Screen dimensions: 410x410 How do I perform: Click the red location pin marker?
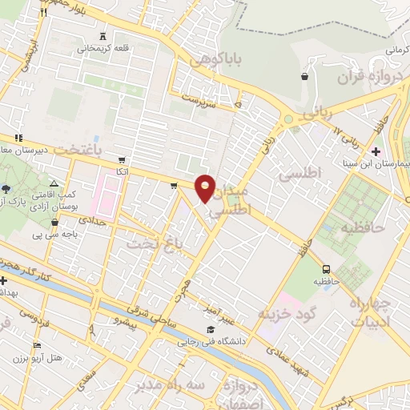tap(206, 188)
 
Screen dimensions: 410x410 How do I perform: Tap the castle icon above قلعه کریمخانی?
tap(102, 36)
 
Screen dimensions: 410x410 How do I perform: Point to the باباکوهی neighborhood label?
tap(211, 59)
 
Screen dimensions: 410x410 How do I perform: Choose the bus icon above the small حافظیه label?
tap(327, 270)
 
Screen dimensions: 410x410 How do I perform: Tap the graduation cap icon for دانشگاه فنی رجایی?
tap(210, 329)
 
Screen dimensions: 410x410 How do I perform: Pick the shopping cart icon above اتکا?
tap(121, 159)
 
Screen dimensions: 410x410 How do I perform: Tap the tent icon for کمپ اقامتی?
tap(54, 184)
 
